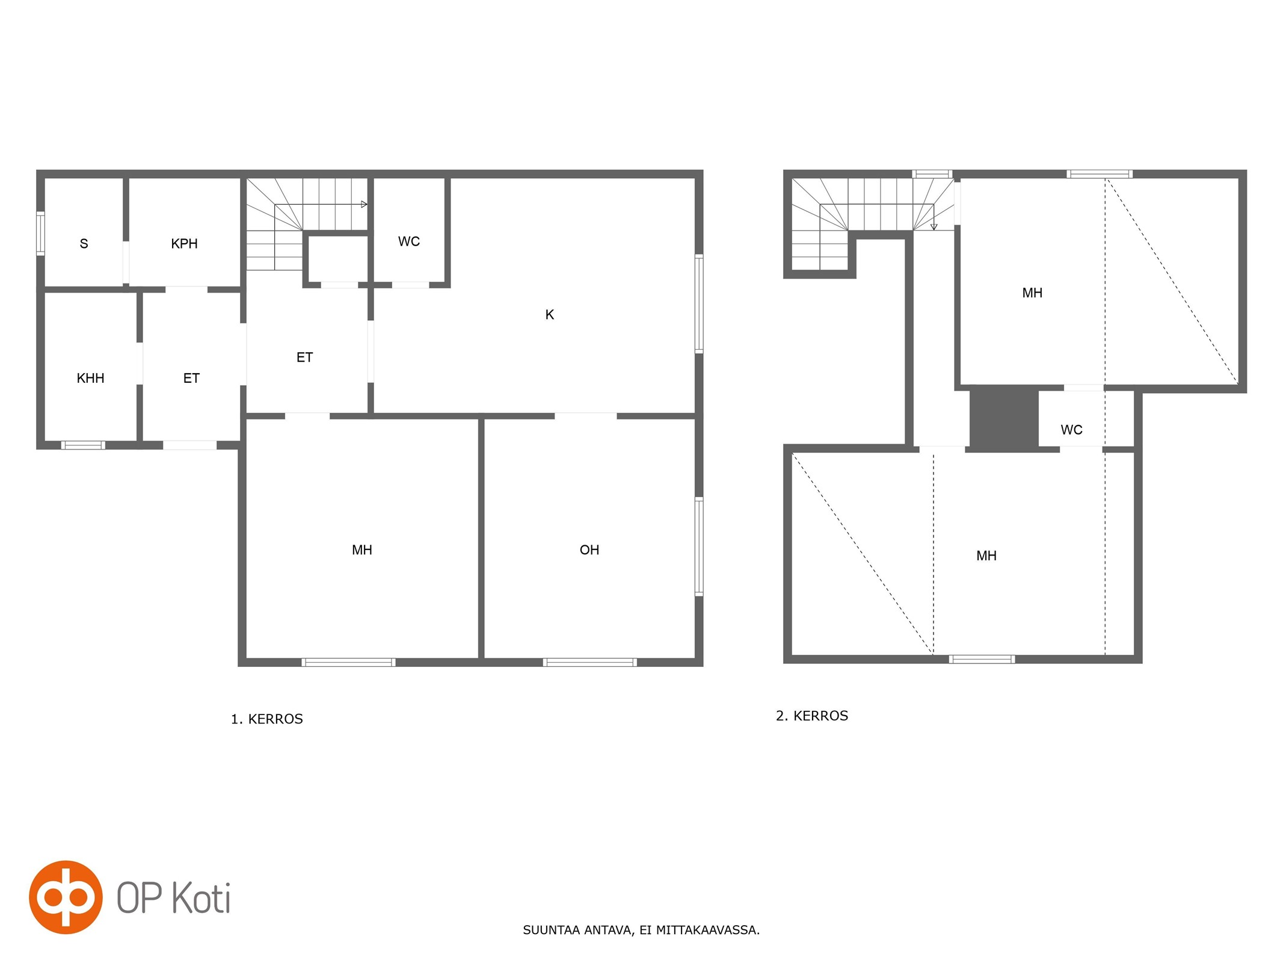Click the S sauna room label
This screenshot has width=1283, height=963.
tap(84, 244)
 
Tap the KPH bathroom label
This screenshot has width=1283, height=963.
tap(184, 244)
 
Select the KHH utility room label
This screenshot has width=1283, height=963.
tap(90, 378)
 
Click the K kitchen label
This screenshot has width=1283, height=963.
tap(549, 314)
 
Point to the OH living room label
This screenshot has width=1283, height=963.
tap(589, 550)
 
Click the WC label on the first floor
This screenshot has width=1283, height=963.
tap(409, 241)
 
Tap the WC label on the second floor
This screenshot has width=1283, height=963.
tap(1071, 430)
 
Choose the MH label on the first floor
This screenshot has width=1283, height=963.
tap(362, 550)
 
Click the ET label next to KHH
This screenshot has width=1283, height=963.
tap(191, 378)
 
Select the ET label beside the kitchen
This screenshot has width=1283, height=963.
tap(304, 358)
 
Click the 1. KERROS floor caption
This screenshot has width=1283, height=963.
tap(266, 719)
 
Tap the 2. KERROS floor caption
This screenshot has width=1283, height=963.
tap(812, 716)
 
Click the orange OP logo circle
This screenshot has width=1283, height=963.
tap(66, 897)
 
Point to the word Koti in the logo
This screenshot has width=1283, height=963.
tap(202, 898)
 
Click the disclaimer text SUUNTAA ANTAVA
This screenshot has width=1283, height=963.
tap(577, 930)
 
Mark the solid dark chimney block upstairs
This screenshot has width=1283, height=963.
tap(1004, 418)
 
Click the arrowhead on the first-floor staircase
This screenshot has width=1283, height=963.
tap(364, 205)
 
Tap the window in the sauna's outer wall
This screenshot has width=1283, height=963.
tap(40, 233)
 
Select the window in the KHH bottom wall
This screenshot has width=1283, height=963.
tap(83, 445)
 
